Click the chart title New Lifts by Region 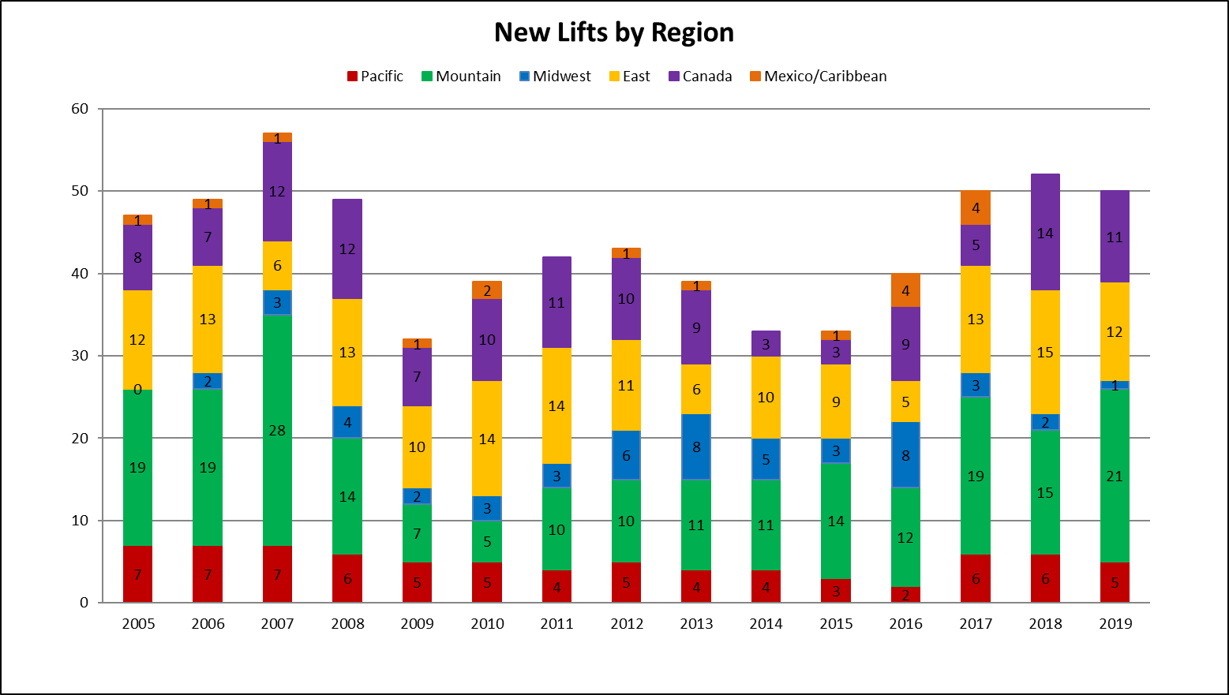pyautogui.click(x=614, y=32)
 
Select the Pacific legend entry pyautogui.click(x=375, y=77)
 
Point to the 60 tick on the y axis pyautogui.click(x=80, y=109)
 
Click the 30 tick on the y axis pyautogui.click(x=80, y=356)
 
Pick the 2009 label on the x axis pyautogui.click(x=417, y=624)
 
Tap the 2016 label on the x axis pyautogui.click(x=905, y=624)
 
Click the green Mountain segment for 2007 pyautogui.click(x=277, y=430)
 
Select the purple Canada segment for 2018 pyautogui.click(x=1045, y=233)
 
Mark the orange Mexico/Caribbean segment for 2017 pyautogui.click(x=976, y=208)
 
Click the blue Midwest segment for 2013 pyautogui.click(x=696, y=447)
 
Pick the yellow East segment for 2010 pyautogui.click(x=487, y=439)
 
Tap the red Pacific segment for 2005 pyautogui.click(x=138, y=574)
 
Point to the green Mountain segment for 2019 pyautogui.click(x=1115, y=476)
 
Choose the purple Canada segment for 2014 pyautogui.click(x=766, y=344)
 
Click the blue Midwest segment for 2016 pyautogui.click(x=905, y=455)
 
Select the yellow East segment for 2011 pyautogui.click(x=556, y=405)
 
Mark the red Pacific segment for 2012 pyautogui.click(x=626, y=582)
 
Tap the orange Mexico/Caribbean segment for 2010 pyautogui.click(x=487, y=290)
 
